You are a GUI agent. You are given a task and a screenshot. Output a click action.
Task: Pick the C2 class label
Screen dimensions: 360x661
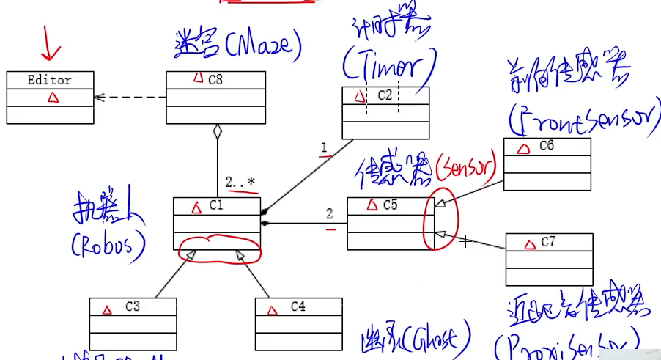385,95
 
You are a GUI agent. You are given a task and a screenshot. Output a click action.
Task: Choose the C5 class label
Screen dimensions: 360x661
391,205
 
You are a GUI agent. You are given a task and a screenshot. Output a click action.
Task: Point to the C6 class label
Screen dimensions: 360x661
546,146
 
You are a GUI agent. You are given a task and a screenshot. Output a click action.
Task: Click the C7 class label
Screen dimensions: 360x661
549,241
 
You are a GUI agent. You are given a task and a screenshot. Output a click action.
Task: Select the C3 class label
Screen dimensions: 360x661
132,306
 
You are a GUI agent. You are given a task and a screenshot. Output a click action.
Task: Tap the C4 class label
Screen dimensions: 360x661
298,306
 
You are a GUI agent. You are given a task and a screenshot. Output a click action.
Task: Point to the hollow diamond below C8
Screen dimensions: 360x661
217,132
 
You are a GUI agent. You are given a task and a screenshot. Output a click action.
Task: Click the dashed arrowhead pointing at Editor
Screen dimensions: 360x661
99,97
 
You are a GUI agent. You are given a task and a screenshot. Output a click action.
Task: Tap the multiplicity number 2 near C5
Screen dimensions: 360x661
330,213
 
